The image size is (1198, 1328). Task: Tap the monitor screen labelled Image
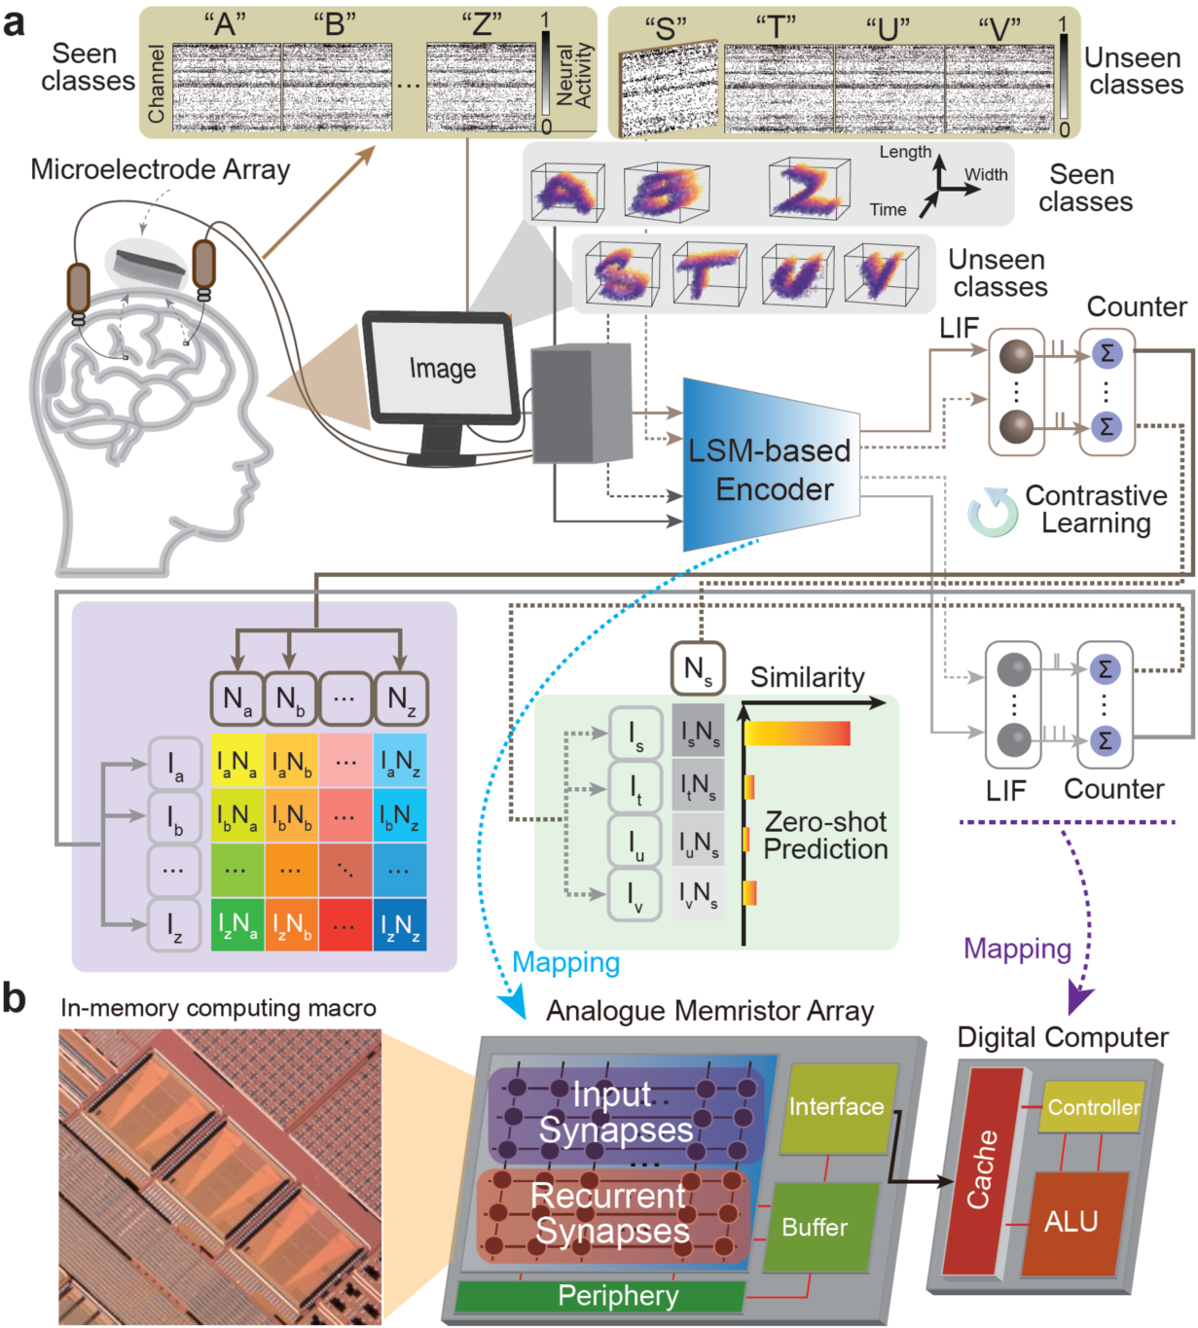pos(442,370)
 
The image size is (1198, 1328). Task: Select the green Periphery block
pos(617,1296)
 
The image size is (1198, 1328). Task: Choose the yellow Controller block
pos(1092,1107)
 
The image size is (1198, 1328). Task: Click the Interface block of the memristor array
pos(836,1107)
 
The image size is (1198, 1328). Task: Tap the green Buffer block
pos(816,1228)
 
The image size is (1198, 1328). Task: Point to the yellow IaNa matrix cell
pos(237,762)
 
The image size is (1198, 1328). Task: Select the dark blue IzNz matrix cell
pos(400,925)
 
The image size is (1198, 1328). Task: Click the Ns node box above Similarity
pos(698,669)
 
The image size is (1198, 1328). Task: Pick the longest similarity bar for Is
pos(797,734)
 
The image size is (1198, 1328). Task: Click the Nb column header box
pos(290,699)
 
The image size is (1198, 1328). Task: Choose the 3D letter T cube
pos(708,271)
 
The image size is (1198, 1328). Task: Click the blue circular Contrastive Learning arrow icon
pos(992,513)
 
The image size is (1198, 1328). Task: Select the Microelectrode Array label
pos(161,169)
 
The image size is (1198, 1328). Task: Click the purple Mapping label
pos(1017,949)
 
